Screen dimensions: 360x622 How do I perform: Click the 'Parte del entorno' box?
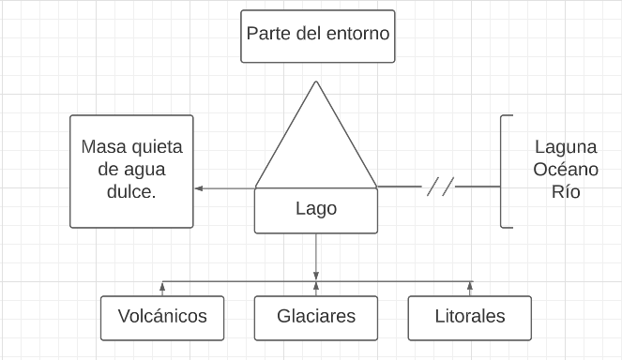317,36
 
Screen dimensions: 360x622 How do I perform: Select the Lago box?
315,210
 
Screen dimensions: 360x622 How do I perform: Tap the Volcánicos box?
161,317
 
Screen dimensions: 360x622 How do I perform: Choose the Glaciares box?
315,317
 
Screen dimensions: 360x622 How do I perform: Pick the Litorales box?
469,317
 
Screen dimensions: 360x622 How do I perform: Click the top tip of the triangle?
316,82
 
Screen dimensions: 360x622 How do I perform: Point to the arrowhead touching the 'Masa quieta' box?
199,188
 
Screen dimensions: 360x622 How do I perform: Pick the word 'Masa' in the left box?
104,147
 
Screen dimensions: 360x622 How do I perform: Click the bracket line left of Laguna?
503,171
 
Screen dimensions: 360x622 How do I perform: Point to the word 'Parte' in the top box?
268,34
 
